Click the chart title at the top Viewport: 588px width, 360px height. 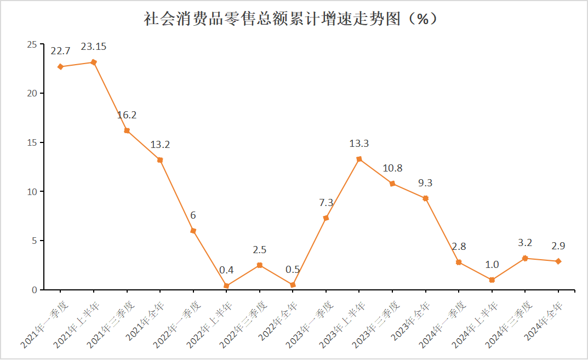[x=290, y=19]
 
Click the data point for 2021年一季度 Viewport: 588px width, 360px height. [x=60, y=67]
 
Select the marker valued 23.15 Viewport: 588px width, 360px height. [x=94, y=62]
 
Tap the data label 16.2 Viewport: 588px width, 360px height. [x=127, y=115]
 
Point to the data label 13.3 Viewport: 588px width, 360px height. [x=359, y=144]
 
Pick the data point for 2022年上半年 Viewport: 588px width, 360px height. [x=226, y=285]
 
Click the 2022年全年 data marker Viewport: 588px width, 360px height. [x=293, y=285]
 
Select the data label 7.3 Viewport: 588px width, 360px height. [x=326, y=203]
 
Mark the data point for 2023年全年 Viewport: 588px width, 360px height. [x=425, y=198]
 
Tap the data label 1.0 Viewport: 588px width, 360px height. [x=492, y=265]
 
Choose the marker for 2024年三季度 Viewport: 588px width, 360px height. [x=525, y=258]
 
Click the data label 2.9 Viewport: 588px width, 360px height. [x=558, y=245]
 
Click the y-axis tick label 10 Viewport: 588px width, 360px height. [x=32, y=192]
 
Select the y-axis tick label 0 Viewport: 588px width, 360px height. [x=34, y=290]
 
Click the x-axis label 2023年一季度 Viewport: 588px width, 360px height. [x=310, y=323]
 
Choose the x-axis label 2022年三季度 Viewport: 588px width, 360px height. [x=243, y=323]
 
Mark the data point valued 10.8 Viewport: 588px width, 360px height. [x=392, y=184]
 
